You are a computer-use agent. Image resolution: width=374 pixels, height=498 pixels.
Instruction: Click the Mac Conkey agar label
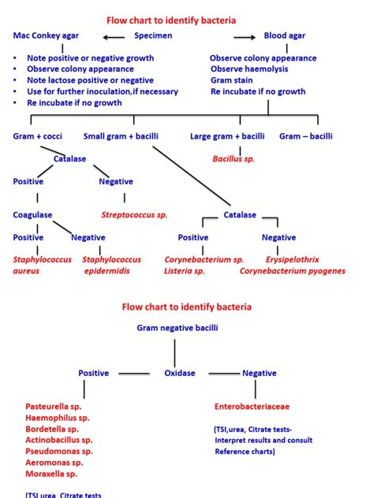point(45,35)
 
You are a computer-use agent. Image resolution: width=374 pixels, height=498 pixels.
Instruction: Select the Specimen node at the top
point(153,35)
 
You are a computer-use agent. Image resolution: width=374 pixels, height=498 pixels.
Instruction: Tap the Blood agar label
point(284,35)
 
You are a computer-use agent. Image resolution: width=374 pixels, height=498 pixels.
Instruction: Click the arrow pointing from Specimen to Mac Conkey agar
point(113,36)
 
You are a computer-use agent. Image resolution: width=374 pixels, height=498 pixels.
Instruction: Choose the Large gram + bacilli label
point(227,136)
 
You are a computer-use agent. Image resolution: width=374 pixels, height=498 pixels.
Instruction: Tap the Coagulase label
point(32,214)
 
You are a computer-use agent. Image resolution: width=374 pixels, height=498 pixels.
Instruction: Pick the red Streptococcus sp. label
point(134,214)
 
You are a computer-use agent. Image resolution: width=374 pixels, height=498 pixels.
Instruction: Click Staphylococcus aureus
point(42,265)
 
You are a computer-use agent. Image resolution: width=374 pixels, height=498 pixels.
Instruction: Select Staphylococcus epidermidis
point(111,265)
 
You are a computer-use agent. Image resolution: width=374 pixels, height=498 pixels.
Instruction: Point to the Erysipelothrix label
point(293,259)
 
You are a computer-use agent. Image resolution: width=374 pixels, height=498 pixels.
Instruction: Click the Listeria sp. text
point(185,271)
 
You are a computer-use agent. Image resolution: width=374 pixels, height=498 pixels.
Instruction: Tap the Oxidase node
point(179,373)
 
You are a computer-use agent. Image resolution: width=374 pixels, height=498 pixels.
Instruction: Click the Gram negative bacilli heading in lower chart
point(178,327)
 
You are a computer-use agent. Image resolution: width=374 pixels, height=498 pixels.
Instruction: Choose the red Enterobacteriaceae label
point(252,407)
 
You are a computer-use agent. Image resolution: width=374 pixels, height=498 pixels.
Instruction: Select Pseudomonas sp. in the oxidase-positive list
point(59,452)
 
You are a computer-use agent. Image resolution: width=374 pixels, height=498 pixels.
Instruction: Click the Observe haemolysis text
point(249,69)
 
